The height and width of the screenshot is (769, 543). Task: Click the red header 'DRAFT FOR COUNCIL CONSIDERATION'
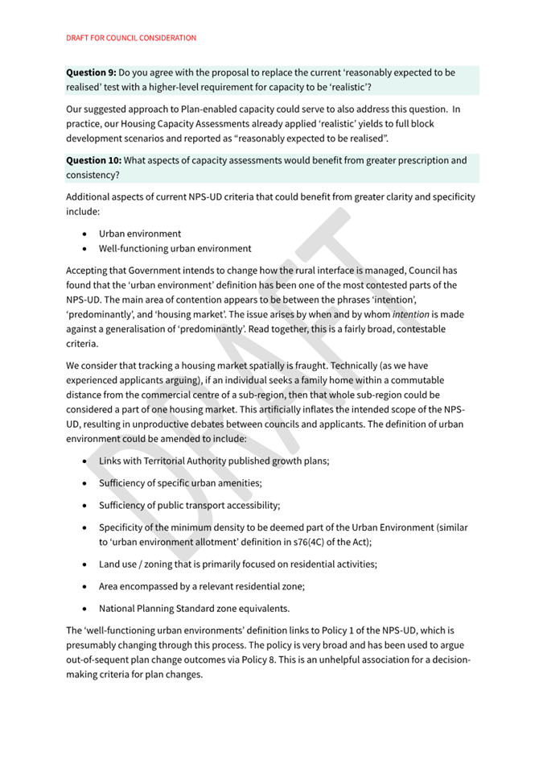(131, 38)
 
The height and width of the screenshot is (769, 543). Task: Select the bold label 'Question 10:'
(94, 160)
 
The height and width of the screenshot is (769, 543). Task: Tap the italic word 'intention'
(411, 314)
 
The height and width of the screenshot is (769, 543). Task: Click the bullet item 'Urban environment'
(140, 234)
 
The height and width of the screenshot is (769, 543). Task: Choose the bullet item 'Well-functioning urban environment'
(175, 249)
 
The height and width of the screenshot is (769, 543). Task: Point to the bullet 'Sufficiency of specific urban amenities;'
(181, 483)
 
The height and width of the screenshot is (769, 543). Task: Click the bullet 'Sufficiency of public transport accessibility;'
(190, 506)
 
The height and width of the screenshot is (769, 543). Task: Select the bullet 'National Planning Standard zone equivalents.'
(194, 609)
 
